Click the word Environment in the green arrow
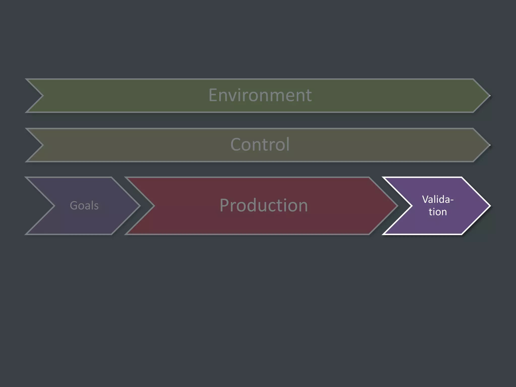(260, 95)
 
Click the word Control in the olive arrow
(260, 145)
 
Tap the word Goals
(84, 206)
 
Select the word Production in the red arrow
(264, 205)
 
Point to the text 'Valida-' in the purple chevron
(438, 200)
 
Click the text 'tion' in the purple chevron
(438, 212)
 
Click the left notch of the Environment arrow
(43, 96)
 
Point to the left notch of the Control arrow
(43, 145)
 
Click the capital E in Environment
(213, 95)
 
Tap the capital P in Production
(225, 205)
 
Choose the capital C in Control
(236, 145)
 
